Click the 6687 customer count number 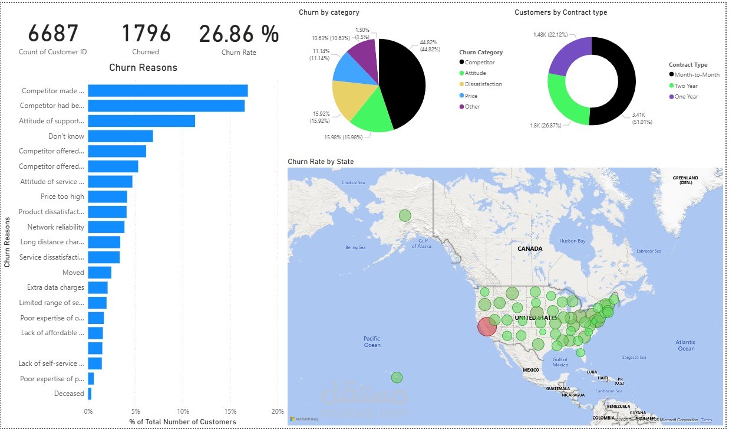pyautogui.click(x=53, y=34)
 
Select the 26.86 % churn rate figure pyautogui.click(x=239, y=34)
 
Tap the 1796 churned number pyautogui.click(x=146, y=34)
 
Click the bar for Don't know pyautogui.click(x=120, y=136)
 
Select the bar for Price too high pyautogui.click(x=107, y=197)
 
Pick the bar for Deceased pyautogui.click(x=90, y=394)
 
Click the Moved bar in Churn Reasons pyautogui.click(x=100, y=273)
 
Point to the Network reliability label pyautogui.click(x=55, y=227)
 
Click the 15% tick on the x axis pyautogui.click(x=230, y=411)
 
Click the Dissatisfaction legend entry pyautogui.click(x=483, y=84)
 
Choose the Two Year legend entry pyautogui.click(x=687, y=86)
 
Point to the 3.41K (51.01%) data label pyautogui.click(x=642, y=118)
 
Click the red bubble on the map pyautogui.click(x=487, y=326)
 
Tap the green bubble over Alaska pyautogui.click(x=405, y=215)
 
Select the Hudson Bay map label pyautogui.click(x=572, y=241)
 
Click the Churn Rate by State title pyautogui.click(x=321, y=161)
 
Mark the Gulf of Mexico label pyautogui.click(x=560, y=362)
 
